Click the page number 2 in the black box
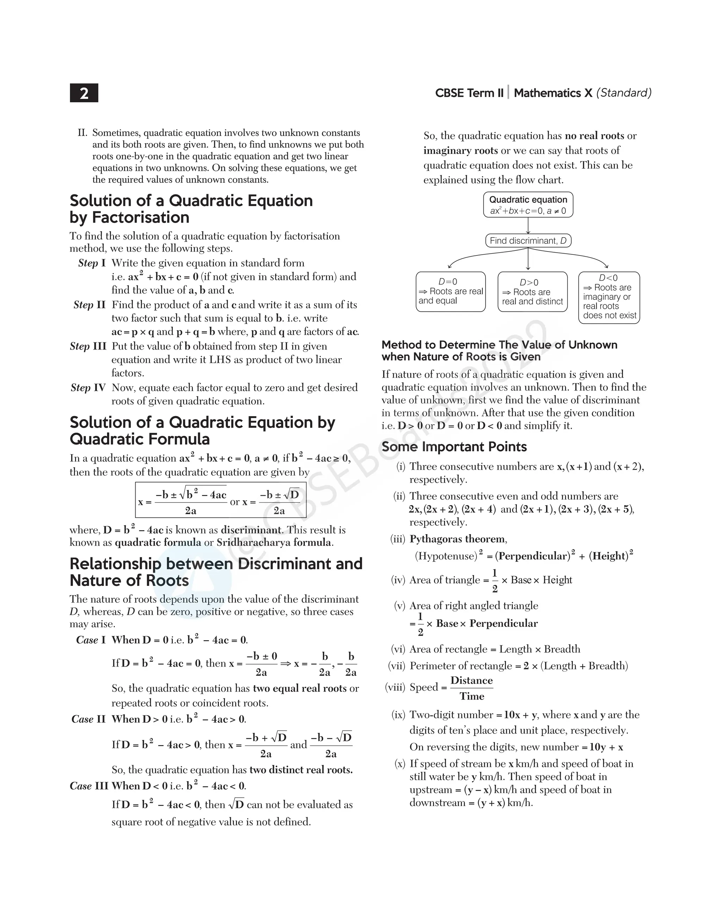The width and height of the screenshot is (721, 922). (x=84, y=93)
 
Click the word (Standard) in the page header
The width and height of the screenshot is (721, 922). (x=623, y=93)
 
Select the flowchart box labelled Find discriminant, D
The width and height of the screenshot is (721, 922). (x=528, y=241)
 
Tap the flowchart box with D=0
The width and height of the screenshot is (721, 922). (x=450, y=291)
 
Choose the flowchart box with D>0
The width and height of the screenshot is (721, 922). (x=532, y=292)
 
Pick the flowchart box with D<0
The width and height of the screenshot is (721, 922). (x=609, y=297)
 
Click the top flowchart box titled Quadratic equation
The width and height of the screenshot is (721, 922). (x=528, y=205)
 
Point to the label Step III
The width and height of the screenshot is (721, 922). (x=88, y=346)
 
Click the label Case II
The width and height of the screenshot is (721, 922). (x=88, y=719)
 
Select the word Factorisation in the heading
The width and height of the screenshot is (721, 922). (x=140, y=217)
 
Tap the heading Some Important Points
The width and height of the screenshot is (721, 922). (x=454, y=447)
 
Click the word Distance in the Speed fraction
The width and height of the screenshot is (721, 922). (x=471, y=680)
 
